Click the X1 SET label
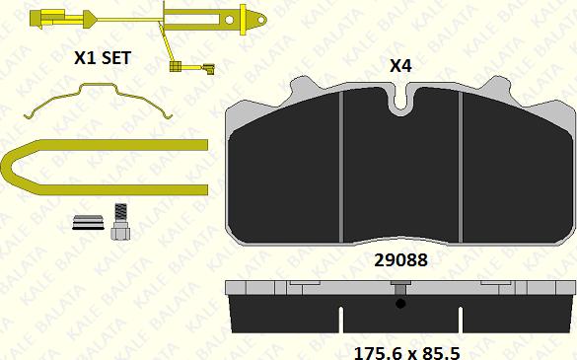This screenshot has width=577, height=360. tap(103, 58)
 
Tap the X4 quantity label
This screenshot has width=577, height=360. tap(400, 66)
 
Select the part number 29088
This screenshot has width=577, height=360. tap(400, 260)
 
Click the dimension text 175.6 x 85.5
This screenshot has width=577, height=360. tap(406, 353)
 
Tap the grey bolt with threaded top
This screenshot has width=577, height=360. tap(120, 222)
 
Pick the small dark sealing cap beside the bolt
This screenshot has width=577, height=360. tap(88, 222)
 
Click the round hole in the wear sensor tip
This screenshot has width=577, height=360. tap(229, 20)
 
